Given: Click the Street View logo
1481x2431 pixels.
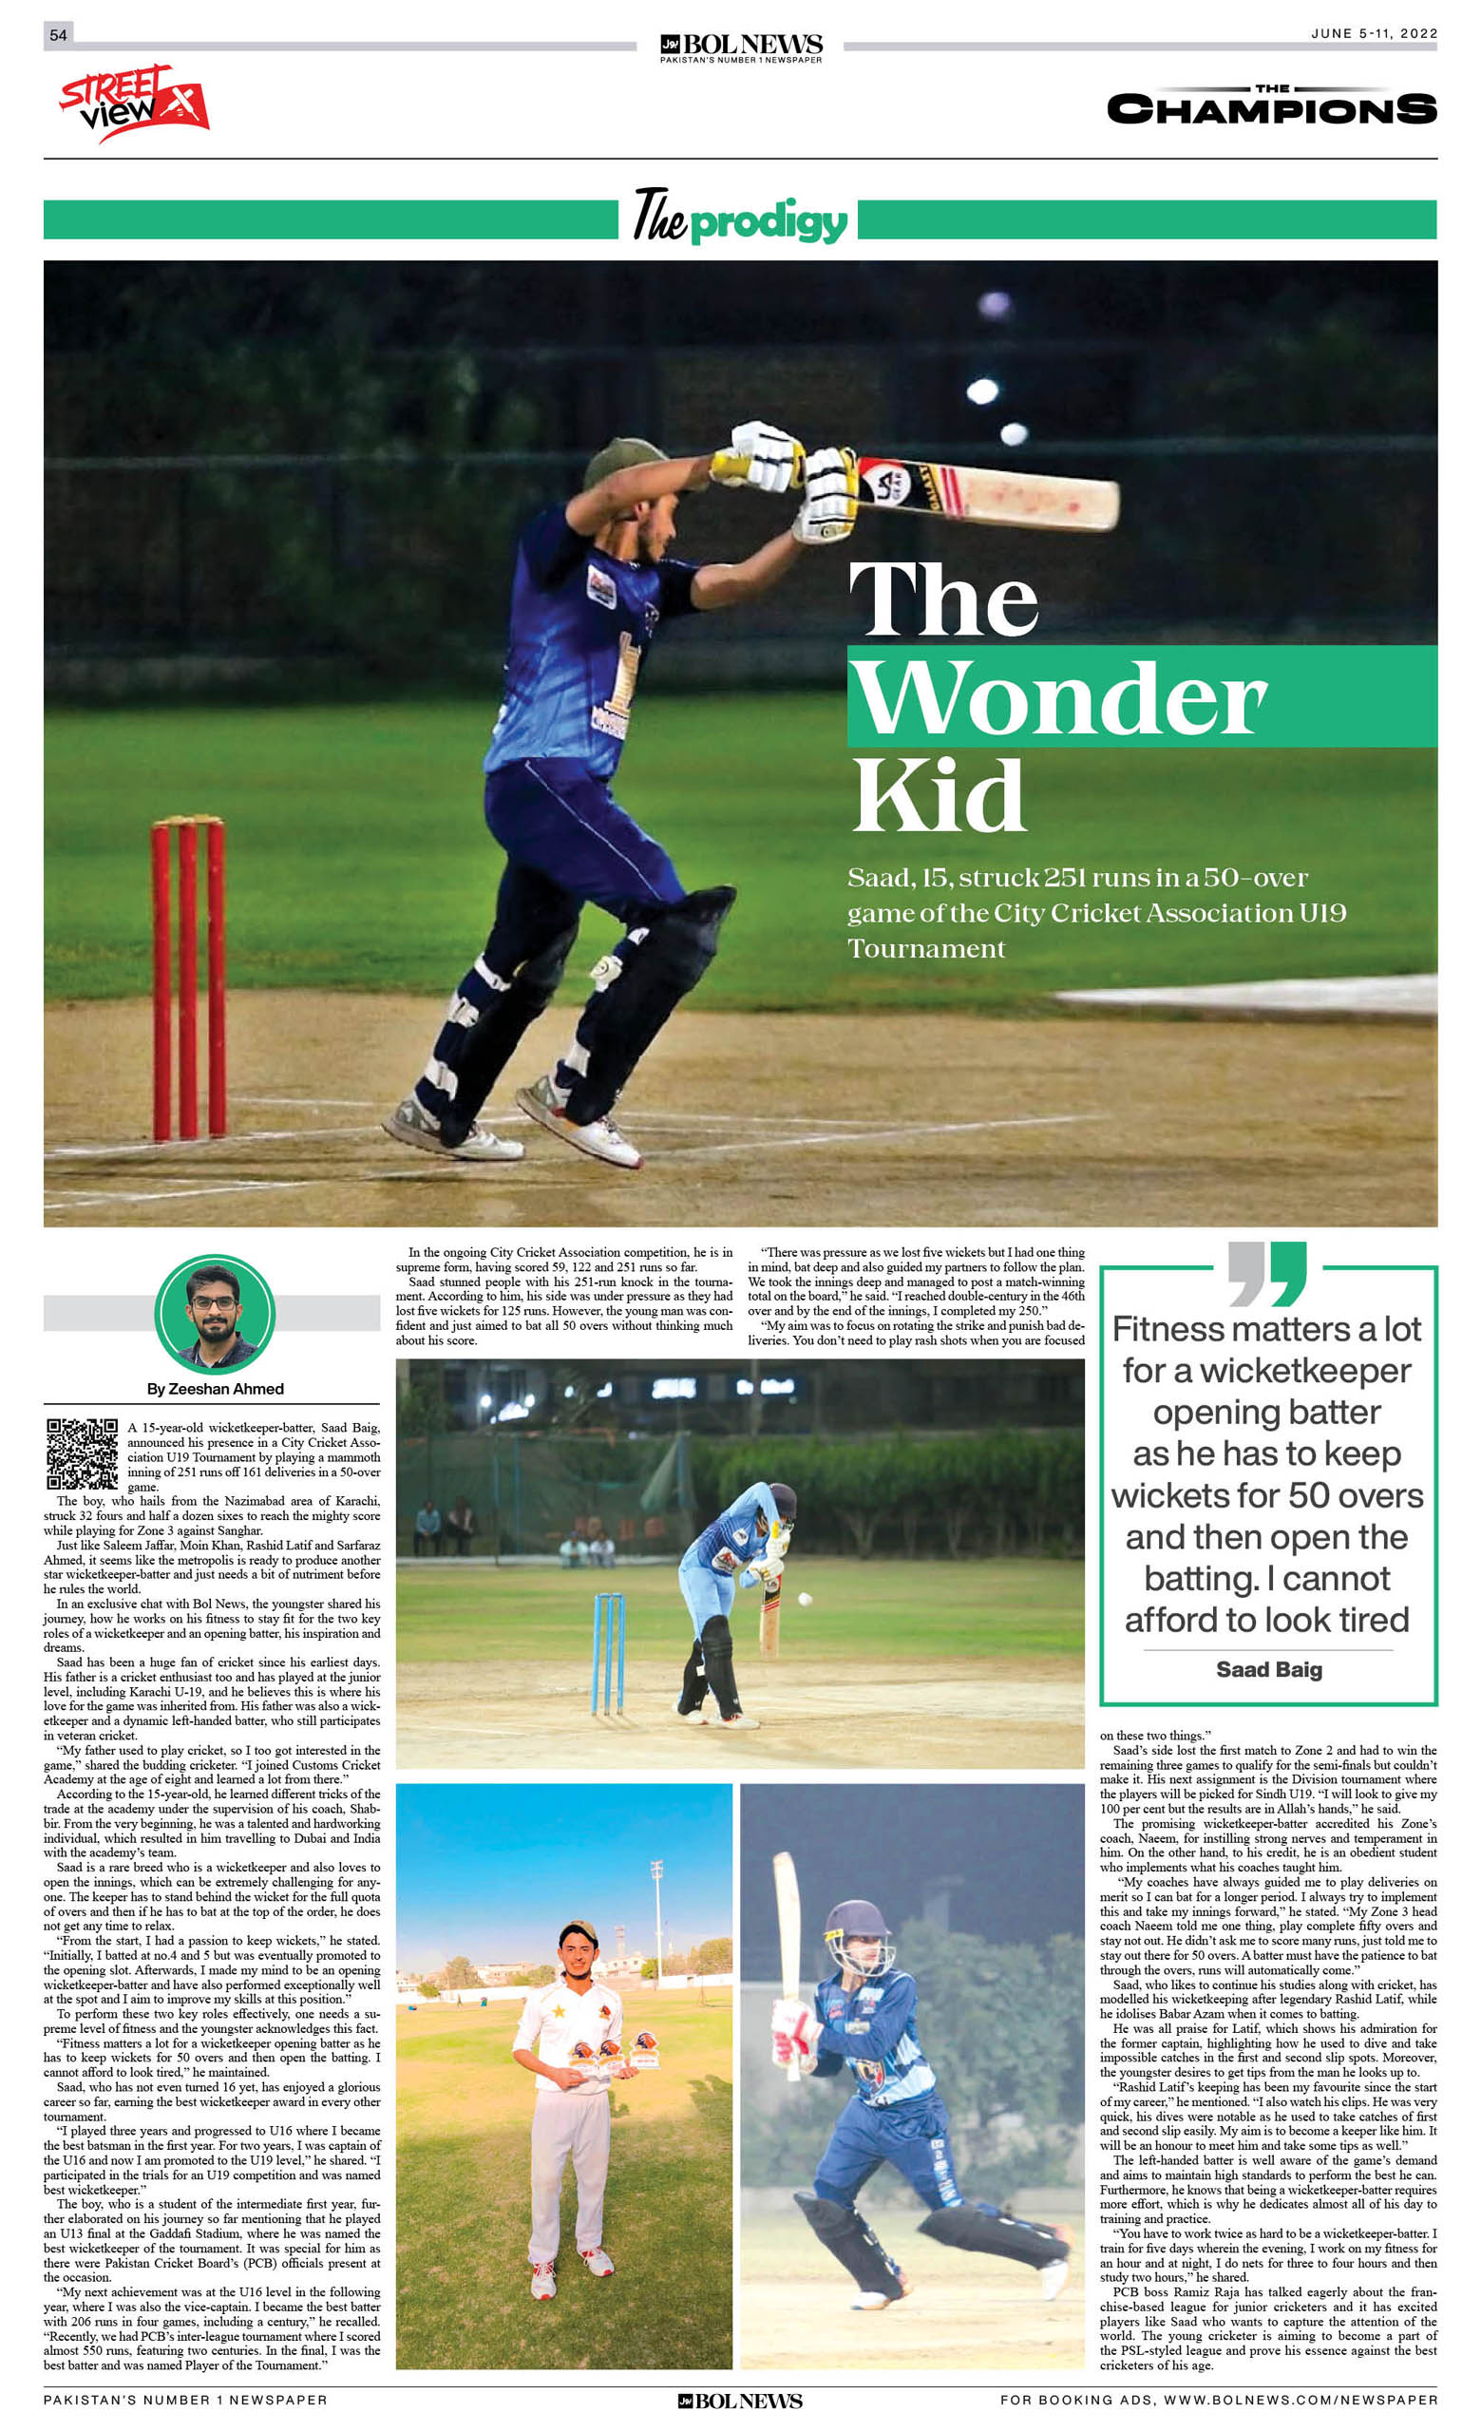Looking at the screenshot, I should [x=133, y=102].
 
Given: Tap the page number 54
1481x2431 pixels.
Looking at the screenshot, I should [x=58, y=35].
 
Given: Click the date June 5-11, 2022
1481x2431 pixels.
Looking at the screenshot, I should [x=1374, y=33].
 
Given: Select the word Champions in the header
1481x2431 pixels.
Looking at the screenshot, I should [x=1271, y=108].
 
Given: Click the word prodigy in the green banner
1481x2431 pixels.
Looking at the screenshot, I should [x=769, y=222].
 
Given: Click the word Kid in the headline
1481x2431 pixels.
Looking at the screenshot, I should [x=939, y=795].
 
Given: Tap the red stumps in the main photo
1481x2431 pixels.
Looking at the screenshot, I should [x=187, y=977].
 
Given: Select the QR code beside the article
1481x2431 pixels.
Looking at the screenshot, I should [x=82, y=1453].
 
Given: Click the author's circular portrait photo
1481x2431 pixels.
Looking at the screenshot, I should [x=214, y=1314].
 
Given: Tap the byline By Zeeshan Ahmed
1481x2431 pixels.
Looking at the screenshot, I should [x=215, y=1389].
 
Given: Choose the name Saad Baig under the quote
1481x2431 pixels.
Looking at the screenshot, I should [x=1268, y=1669].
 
